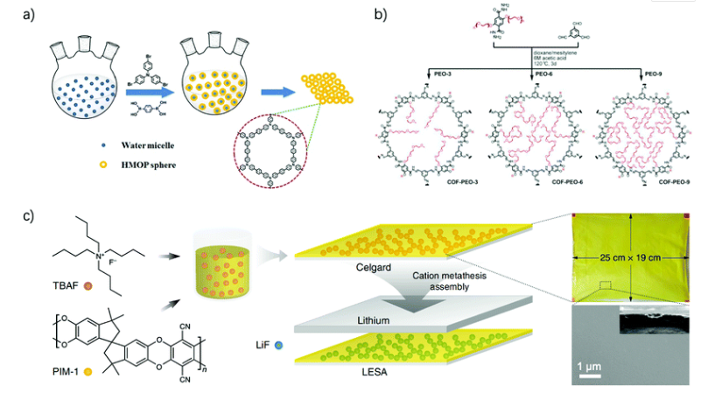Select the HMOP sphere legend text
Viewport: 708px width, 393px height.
point(128,159)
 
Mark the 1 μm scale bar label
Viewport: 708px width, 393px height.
point(589,361)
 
